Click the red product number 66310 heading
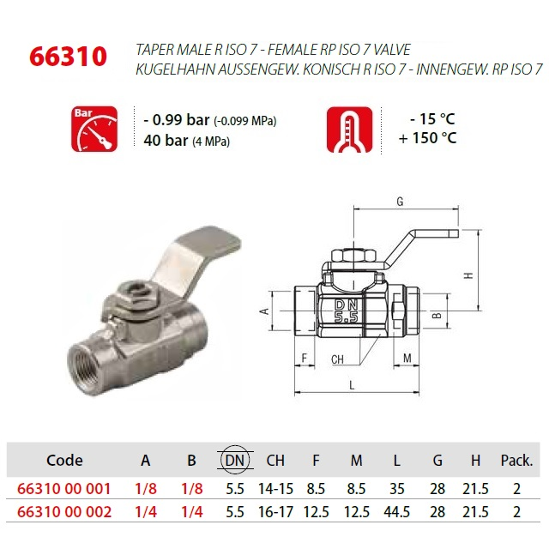point(68,57)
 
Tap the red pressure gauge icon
point(94,130)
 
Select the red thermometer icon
point(349,130)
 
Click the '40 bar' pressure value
point(166,141)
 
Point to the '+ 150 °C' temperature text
point(427,138)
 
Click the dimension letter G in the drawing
point(400,202)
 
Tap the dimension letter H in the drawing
point(469,275)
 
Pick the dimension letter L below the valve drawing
point(352,385)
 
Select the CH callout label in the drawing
point(337,359)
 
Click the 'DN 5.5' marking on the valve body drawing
point(347,311)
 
